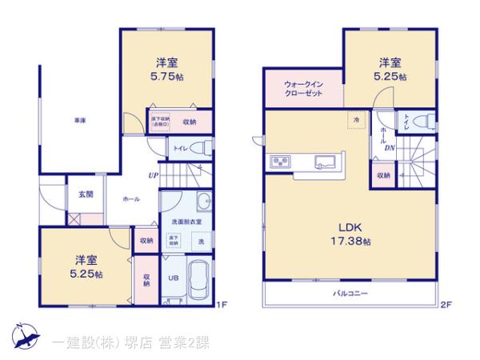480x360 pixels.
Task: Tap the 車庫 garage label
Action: click(80, 120)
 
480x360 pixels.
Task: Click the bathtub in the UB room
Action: click(198, 279)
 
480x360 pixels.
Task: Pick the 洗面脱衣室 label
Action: click(186, 222)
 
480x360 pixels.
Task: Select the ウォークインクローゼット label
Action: click(302, 88)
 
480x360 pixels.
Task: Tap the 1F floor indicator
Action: click(224, 304)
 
